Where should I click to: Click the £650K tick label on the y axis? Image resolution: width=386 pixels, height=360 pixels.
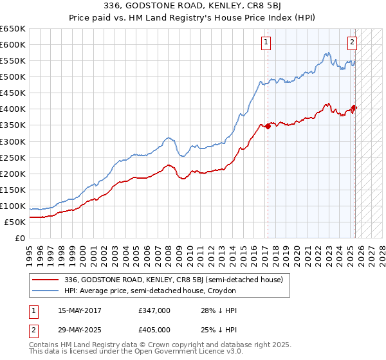coord(13,29)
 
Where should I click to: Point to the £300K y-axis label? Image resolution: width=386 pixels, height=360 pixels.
coord(13,141)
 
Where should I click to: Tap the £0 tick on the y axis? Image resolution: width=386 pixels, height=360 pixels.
coord(21,238)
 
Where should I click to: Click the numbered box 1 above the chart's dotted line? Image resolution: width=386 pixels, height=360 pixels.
coord(266,43)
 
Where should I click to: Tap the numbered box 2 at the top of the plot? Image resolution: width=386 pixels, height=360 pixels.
coord(353,43)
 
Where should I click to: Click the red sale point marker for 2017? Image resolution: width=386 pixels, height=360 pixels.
coord(268,125)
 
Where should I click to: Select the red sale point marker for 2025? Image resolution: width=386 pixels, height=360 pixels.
coord(354,107)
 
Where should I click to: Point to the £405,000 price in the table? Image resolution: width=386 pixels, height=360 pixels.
coord(154,330)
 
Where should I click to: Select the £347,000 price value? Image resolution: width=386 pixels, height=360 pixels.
coord(154,310)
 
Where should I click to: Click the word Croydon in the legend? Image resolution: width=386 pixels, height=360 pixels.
coord(222,291)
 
